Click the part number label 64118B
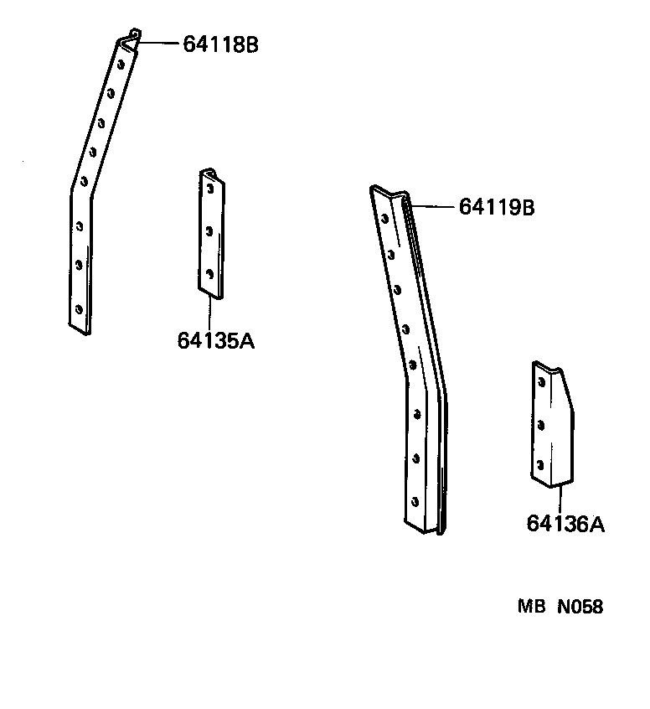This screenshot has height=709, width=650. coord(220,44)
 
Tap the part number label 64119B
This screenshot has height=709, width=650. coord(497,207)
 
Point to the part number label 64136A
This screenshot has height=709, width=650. coord(565,524)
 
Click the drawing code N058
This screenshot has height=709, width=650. coord(580,607)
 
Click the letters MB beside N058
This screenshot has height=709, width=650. coord(530,607)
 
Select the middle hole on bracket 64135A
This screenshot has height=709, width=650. coord(209,229)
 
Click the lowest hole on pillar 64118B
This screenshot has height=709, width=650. coord(79,308)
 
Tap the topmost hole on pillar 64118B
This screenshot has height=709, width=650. coord(121,63)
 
